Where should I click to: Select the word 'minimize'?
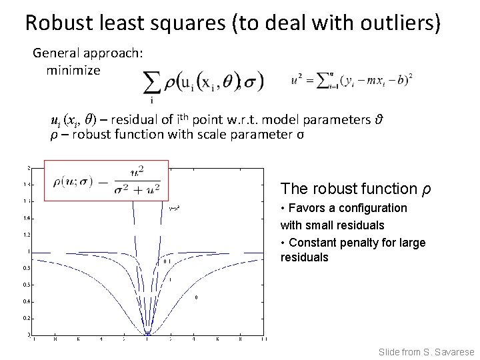pos(73,69)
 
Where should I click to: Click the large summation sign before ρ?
pos(153,85)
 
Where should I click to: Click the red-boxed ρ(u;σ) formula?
pos(106,180)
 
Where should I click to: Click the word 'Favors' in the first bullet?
pos(307,208)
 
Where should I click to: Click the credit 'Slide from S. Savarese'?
pos(425,351)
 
